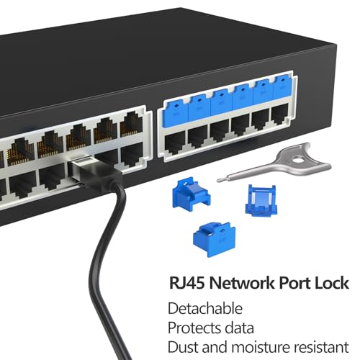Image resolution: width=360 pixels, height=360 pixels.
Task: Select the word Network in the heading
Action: [242, 283]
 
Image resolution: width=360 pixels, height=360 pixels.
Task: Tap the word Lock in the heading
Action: [332, 283]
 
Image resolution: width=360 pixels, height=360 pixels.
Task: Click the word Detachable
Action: [205, 308]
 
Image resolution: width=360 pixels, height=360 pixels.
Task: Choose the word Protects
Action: [194, 328]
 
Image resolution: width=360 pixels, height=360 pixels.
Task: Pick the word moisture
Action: [261, 347]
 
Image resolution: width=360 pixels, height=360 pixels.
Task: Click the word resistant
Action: [322, 347]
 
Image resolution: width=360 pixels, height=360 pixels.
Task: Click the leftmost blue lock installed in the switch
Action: [176, 113]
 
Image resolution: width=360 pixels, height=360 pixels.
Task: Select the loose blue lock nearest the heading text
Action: [215, 239]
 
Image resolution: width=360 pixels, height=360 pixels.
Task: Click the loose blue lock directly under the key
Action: [261, 200]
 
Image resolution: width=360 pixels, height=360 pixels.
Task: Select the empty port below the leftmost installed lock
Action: [175, 143]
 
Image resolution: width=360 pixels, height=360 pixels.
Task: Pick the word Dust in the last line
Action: [181, 347]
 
